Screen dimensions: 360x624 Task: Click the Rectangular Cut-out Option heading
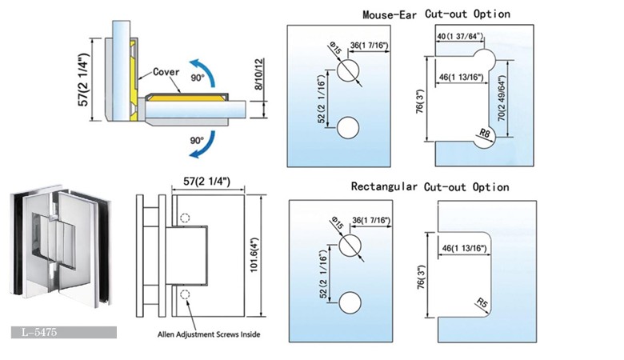tap(430, 187)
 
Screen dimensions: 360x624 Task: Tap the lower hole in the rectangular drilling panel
tap(349, 302)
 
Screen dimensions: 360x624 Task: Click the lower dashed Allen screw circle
tap(186, 294)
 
